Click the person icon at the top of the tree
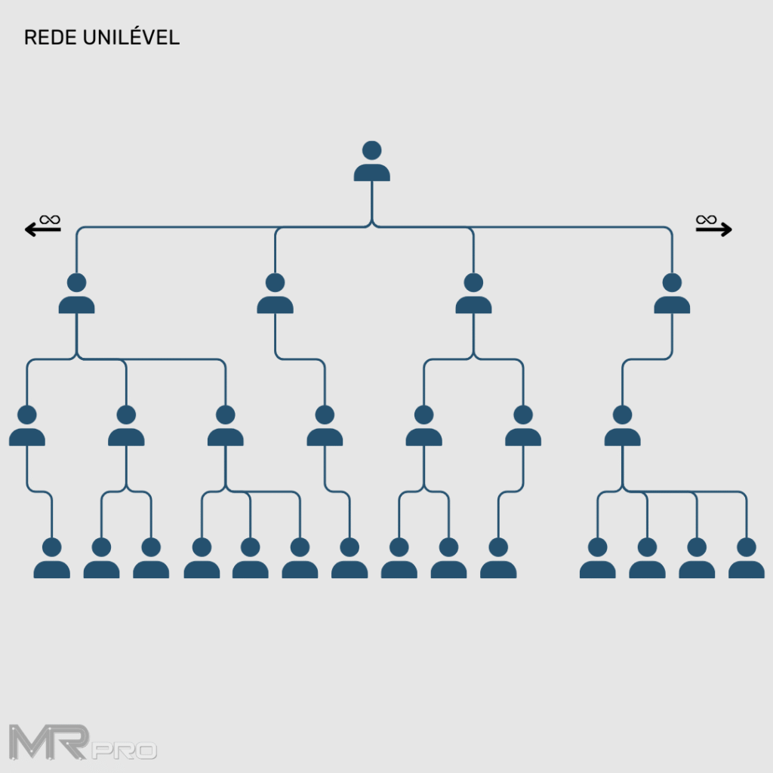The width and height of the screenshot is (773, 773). click(x=371, y=162)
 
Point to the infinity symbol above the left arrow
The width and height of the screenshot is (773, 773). click(x=51, y=220)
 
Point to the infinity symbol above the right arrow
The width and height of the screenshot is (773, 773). click(x=706, y=220)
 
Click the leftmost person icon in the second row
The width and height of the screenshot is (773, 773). click(x=76, y=294)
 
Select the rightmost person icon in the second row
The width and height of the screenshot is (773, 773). click(x=672, y=294)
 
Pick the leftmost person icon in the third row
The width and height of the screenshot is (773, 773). click(x=27, y=427)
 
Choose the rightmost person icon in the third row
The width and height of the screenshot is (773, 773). click(x=622, y=427)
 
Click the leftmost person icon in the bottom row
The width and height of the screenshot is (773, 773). click(x=51, y=559)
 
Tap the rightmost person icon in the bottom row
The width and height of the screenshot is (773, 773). click(x=746, y=559)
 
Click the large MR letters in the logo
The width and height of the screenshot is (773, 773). click(x=50, y=741)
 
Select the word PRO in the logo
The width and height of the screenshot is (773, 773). click(x=125, y=751)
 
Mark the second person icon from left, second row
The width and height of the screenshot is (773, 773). click(x=275, y=294)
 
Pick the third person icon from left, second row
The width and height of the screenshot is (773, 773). click(x=473, y=294)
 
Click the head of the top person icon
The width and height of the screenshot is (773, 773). click(x=371, y=150)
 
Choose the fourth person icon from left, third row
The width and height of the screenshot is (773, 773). click(x=325, y=427)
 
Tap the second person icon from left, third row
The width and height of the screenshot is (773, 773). click(x=126, y=427)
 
